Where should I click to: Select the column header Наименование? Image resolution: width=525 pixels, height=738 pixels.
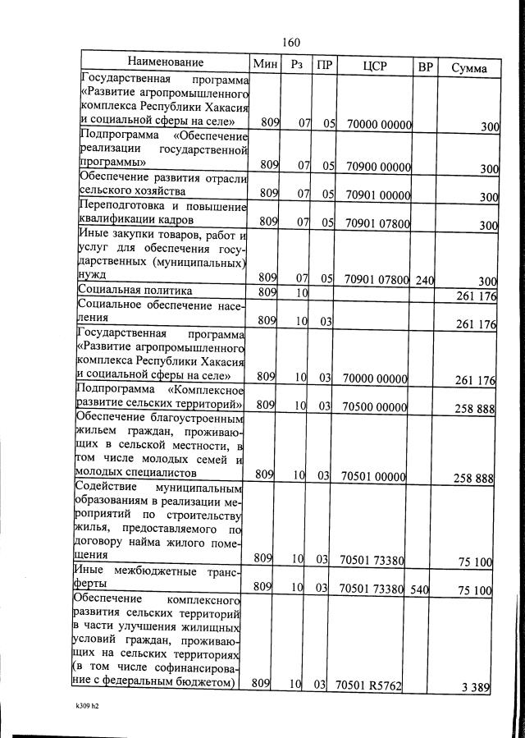point(165,63)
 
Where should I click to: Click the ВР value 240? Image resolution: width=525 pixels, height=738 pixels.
point(424,280)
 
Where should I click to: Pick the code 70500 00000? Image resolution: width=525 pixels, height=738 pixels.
point(375,406)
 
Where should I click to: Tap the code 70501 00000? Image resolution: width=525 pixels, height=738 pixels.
point(374,475)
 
